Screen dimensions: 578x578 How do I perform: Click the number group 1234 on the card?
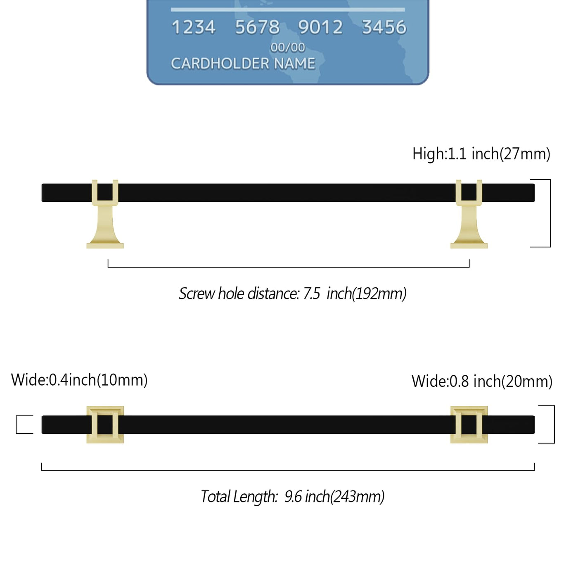click(194, 27)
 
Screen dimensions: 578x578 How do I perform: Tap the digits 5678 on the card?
click(257, 27)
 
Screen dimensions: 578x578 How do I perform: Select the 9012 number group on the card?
click(320, 27)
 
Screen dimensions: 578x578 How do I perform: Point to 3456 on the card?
click(384, 27)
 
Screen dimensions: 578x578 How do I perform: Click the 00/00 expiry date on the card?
click(288, 47)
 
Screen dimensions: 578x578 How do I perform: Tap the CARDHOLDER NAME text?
click(243, 64)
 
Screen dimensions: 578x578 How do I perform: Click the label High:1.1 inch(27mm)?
click(481, 154)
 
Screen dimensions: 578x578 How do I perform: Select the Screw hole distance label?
click(293, 294)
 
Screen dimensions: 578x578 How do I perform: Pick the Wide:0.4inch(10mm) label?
click(79, 380)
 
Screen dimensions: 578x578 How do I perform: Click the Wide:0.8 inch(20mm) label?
click(482, 381)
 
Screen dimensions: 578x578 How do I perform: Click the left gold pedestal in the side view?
click(105, 214)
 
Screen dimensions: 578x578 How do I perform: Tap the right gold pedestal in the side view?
click(469, 214)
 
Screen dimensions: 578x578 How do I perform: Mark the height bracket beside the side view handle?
click(550, 213)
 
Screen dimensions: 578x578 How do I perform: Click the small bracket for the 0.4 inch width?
click(16, 424)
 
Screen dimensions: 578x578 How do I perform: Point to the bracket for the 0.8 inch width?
click(554, 424)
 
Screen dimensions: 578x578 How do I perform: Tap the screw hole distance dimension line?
click(289, 267)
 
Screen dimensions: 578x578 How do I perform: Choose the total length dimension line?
click(288, 470)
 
